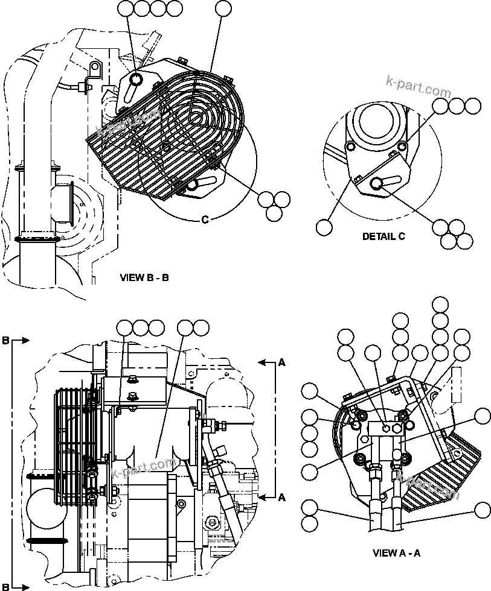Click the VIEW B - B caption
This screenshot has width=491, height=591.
point(144,278)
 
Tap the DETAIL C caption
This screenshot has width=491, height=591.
point(383,236)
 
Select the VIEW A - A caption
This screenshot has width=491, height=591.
point(396,553)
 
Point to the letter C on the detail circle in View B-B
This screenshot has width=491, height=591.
point(205,220)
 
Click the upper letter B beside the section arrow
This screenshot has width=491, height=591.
point(5,341)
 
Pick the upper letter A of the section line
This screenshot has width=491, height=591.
point(281,362)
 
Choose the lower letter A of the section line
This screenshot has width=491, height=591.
point(281,497)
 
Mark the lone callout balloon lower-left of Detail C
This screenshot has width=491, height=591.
point(324,227)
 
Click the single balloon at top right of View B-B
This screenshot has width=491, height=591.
point(223,8)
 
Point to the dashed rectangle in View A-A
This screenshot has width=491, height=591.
point(456,385)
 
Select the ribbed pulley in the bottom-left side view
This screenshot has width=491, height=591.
point(72,446)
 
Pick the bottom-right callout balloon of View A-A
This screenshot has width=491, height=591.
point(482,510)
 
